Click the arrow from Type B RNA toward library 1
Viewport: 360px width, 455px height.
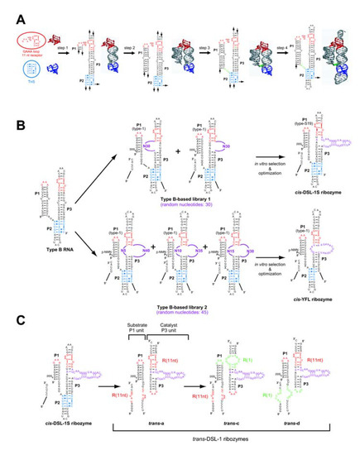coord(83,178)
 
